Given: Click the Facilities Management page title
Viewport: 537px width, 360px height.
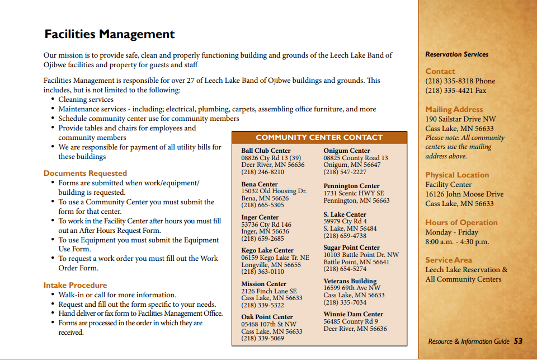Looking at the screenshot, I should pyautogui.click(x=109, y=34).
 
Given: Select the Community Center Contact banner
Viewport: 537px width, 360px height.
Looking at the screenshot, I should pyautogui.click(x=319, y=137).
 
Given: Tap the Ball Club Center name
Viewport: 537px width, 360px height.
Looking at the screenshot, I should pyautogui.click(x=266, y=151).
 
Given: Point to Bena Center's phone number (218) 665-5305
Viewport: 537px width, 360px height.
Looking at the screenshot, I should pyautogui.click(x=262, y=205).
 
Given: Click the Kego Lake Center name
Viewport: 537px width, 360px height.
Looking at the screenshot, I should pyautogui.click(x=267, y=250).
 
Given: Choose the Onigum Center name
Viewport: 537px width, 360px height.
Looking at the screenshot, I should pyautogui.click(x=346, y=151).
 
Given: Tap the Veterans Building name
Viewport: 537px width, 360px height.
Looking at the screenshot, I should pyautogui.click(x=350, y=281).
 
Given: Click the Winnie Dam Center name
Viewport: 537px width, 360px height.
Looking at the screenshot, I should pyautogui.click(x=353, y=314).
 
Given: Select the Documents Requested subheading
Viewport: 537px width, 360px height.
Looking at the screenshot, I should pyautogui.click(x=85, y=174).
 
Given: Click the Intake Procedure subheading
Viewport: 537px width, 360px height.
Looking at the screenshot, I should pyautogui.click(x=75, y=285).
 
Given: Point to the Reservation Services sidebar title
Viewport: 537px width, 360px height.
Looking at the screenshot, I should pyautogui.click(x=456, y=54).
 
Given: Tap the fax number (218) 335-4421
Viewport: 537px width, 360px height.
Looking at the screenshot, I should pyautogui.click(x=455, y=90).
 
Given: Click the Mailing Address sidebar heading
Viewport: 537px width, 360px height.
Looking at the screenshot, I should pyautogui.click(x=454, y=110).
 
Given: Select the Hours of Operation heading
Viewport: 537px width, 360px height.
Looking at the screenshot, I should pyautogui.click(x=461, y=222).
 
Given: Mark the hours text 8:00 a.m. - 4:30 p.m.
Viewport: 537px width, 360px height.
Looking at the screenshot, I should pyautogui.click(x=457, y=241).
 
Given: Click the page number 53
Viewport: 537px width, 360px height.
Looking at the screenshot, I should pyautogui.click(x=519, y=341).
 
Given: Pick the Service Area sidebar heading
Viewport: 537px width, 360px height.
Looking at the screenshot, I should pyautogui.click(x=448, y=260).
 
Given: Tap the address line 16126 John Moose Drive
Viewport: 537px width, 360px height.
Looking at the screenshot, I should pyautogui.click(x=464, y=194).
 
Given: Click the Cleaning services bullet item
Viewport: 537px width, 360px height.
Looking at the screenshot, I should pyautogui.click(x=86, y=100).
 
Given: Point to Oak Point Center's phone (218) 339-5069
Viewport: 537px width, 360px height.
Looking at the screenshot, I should pyautogui.click(x=262, y=338).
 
